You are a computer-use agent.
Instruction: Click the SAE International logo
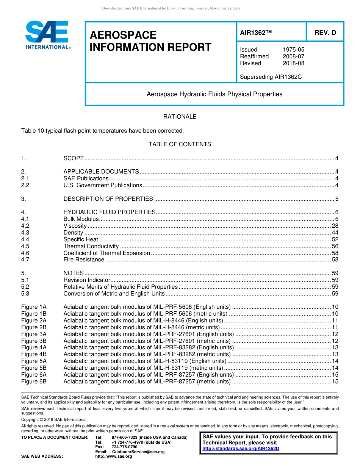click(x=47, y=35)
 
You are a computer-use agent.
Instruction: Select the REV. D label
click(x=325, y=33)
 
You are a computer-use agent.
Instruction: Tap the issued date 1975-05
click(x=293, y=50)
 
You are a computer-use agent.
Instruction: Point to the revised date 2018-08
click(x=293, y=63)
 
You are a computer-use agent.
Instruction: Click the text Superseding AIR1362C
click(x=271, y=77)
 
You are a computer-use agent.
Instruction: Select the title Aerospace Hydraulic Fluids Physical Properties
click(x=214, y=94)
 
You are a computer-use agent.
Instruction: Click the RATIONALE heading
click(x=180, y=117)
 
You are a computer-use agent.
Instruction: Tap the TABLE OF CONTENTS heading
click(x=180, y=144)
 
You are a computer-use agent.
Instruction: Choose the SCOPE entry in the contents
click(x=74, y=158)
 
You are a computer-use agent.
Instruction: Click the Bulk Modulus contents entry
click(x=81, y=219)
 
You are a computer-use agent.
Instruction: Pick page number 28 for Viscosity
click(x=335, y=226)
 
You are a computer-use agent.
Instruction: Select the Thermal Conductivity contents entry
click(x=91, y=246)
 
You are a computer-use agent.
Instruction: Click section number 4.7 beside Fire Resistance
click(x=25, y=260)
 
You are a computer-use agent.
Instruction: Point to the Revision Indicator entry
click(x=87, y=280)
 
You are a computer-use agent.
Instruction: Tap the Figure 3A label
click(x=34, y=334)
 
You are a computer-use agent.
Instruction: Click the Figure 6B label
click(x=34, y=382)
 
